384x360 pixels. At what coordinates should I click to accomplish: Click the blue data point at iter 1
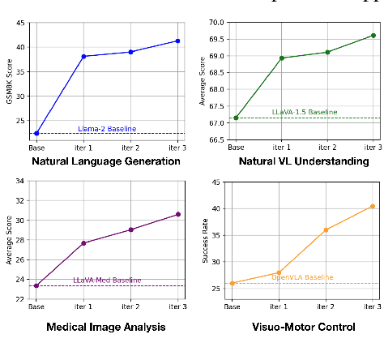(x=83, y=56)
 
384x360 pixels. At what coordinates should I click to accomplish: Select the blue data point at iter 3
(x=177, y=41)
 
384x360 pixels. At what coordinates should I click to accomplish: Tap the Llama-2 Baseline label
(x=107, y=129)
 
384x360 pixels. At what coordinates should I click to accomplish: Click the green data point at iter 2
(x=327, y=52)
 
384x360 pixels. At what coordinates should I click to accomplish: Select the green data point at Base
(x=236, y=118)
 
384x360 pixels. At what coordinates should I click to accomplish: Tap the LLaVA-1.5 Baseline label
(x=302, y=112)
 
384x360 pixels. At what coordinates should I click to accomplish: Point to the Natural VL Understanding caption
(x=304, y=161)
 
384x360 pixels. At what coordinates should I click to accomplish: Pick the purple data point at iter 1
(x=83, y=243)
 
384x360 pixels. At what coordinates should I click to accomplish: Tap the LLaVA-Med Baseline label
(x=107, y=281)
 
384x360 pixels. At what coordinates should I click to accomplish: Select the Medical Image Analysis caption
(x=106, y=328)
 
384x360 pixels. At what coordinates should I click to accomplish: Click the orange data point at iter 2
(x=326, y=230)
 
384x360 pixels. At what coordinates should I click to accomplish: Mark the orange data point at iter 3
(x=373, y=206)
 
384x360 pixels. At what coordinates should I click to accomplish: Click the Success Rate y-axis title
(x=205, y=241)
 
